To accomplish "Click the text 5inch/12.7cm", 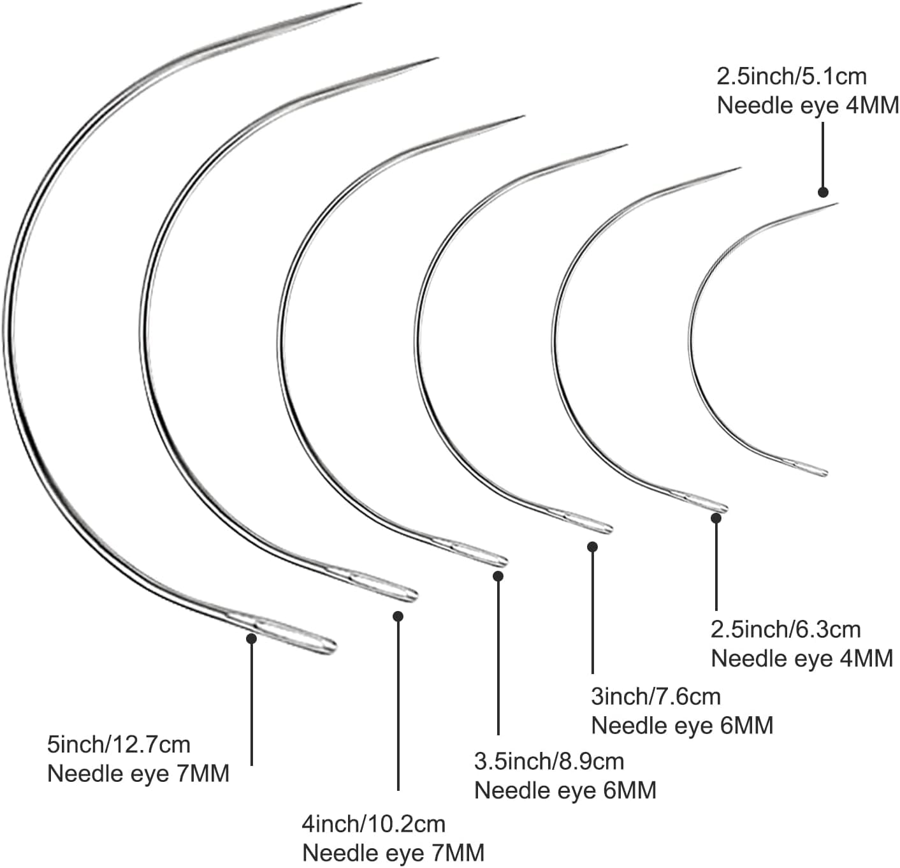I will click(119, 744).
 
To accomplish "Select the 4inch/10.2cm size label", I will click(374, 824).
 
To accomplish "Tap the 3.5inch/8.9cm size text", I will click(549, 761).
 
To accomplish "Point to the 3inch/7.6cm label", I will click(656, 696).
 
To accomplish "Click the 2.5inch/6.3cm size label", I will click(785, 629).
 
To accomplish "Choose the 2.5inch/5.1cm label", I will click(792, 77).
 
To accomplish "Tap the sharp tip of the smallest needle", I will click(836, 204).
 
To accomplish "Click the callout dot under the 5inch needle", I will click(252, 638).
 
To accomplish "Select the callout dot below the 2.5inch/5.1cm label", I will click(823, 192).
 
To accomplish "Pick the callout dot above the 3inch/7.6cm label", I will click(592, 547).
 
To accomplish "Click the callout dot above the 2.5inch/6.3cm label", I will click(716, 518).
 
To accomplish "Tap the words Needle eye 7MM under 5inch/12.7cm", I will click(138, 774).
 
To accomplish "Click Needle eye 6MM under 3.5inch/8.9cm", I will click(565, 790).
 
